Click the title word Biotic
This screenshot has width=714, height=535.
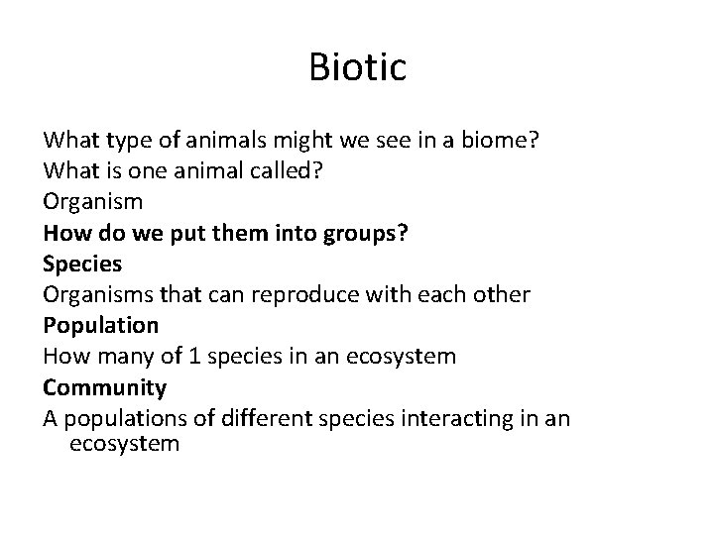coord(357,68)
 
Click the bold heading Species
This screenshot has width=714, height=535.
coord(82,265)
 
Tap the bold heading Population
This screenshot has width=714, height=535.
coord(100,326)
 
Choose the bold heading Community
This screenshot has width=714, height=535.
coord(104,387)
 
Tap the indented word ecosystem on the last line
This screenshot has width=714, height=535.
coord(125,444)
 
